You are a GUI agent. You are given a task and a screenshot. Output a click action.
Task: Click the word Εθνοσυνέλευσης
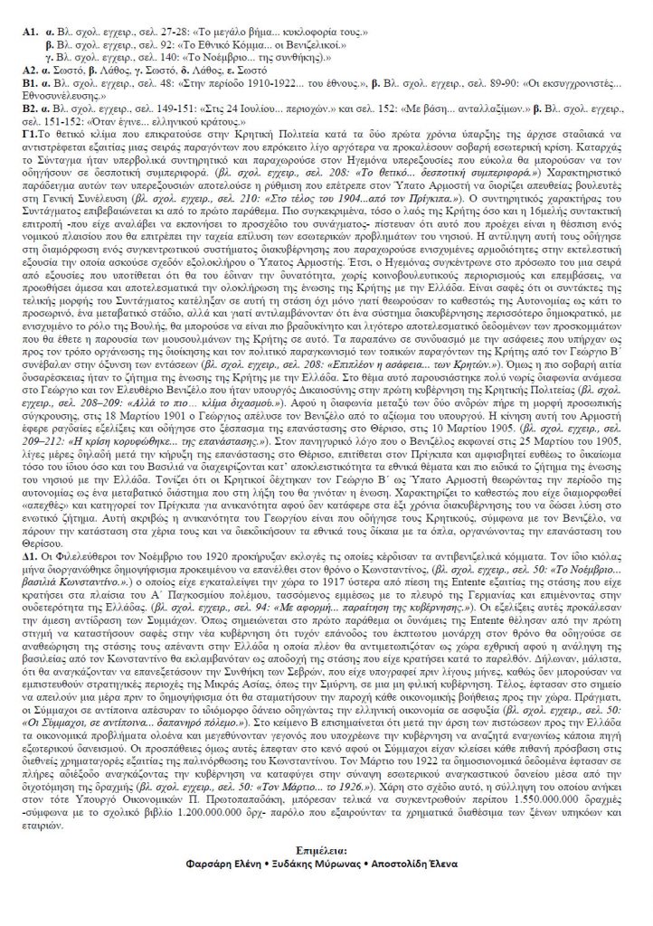[x=63, y=94]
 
